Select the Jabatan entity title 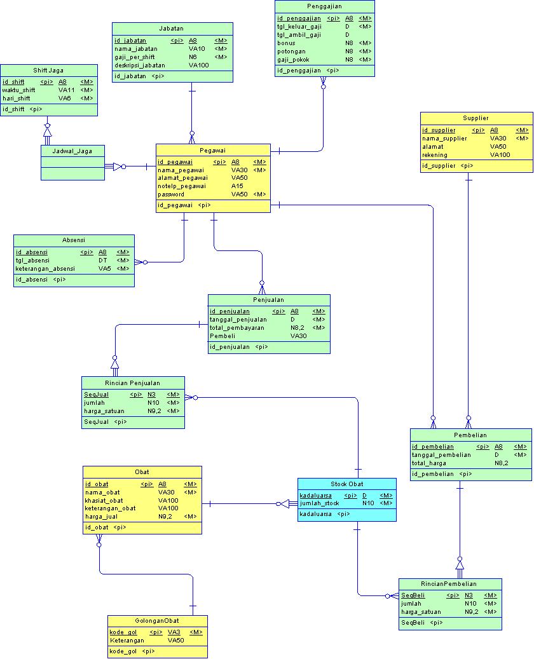pyautogui.click(x=172, y=29)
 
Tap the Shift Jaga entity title pyautogui.click(x=48, y=71)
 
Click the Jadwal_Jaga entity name pyautogui.click(x=72, y=151)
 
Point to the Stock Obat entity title pyautogui.click(x=347, y=484)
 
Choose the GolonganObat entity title pyautogui.click(x=157, y=621)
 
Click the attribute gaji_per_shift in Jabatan pyautogui.click(x=135, y=57)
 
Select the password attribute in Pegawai pyautogui.click(x=171, y=194)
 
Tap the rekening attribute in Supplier pyautogui.click(x=435, y=154)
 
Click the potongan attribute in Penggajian pyautogui.click(x=291, y=51)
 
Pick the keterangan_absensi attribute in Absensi pyautogui.click(x=45, y=268)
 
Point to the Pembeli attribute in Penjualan pyautogui.click(x=222, y=336)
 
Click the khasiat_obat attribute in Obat pyautogui.click(x=104, y=500)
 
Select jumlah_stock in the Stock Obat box pyautogui.click(x=320, y=503)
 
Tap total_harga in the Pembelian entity pyautogui.click(x=429, y=463)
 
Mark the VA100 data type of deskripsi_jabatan pyautogui.click(x=198, y=65)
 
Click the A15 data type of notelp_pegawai pyautogui.click(x=237, y=186)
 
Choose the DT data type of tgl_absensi pyautogui.click(x=102, y=260)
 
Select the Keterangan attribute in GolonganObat pyautogui.click(x=127, y=640)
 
